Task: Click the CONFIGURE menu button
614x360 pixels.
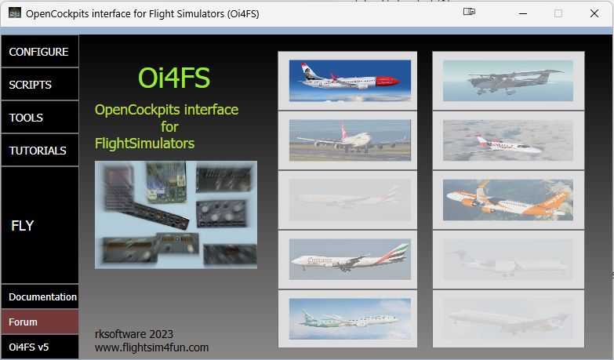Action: (x=39, y=51)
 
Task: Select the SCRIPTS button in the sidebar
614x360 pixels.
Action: (x=39, y=84)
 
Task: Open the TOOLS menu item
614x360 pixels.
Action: (x=39, y=117)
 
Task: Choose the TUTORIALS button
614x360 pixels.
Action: (x=39, y=150)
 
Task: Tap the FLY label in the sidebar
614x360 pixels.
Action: (x=23, y=226)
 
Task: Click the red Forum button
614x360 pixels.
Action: (x=39, y=322)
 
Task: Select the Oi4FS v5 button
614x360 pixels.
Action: (x=39, y=347)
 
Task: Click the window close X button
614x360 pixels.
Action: (x=594, y=13)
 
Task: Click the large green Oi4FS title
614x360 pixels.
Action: (x=174, y=78)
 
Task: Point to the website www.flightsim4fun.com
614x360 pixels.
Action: (x=151, y=347)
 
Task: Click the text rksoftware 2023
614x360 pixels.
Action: (x=134, y=334)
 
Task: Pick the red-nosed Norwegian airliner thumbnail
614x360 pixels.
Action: (x=350, y=81)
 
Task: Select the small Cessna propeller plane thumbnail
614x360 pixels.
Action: (x=508, y=81)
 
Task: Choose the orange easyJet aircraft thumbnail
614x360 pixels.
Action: (x=508, y=200)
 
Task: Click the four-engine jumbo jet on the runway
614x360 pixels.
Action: (x=350, y=140)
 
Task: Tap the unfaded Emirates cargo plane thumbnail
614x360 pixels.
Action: (x=350, y=260)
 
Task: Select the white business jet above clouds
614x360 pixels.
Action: (x=508, y=140)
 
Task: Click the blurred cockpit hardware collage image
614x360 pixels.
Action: (x=176, y=215)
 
